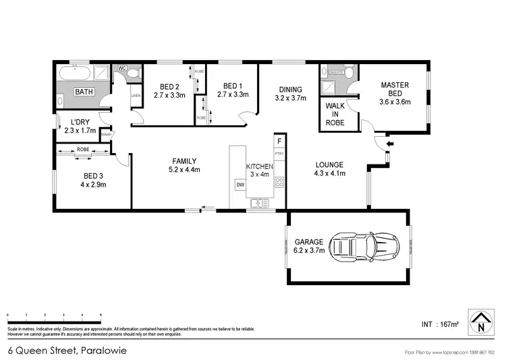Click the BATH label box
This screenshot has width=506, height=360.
point(84,92)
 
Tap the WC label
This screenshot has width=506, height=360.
point(122,69)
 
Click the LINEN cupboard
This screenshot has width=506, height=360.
point(136,95)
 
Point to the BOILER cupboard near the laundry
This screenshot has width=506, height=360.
point(105,134)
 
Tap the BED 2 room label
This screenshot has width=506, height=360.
point(169,86)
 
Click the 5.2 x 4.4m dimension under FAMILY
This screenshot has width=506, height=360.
point(184,170)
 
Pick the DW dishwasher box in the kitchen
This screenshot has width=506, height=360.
point(240,184)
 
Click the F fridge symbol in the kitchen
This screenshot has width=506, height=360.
point(279,142)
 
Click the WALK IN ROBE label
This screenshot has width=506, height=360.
point(335,114)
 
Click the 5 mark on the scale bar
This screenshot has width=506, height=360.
point(101,316)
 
